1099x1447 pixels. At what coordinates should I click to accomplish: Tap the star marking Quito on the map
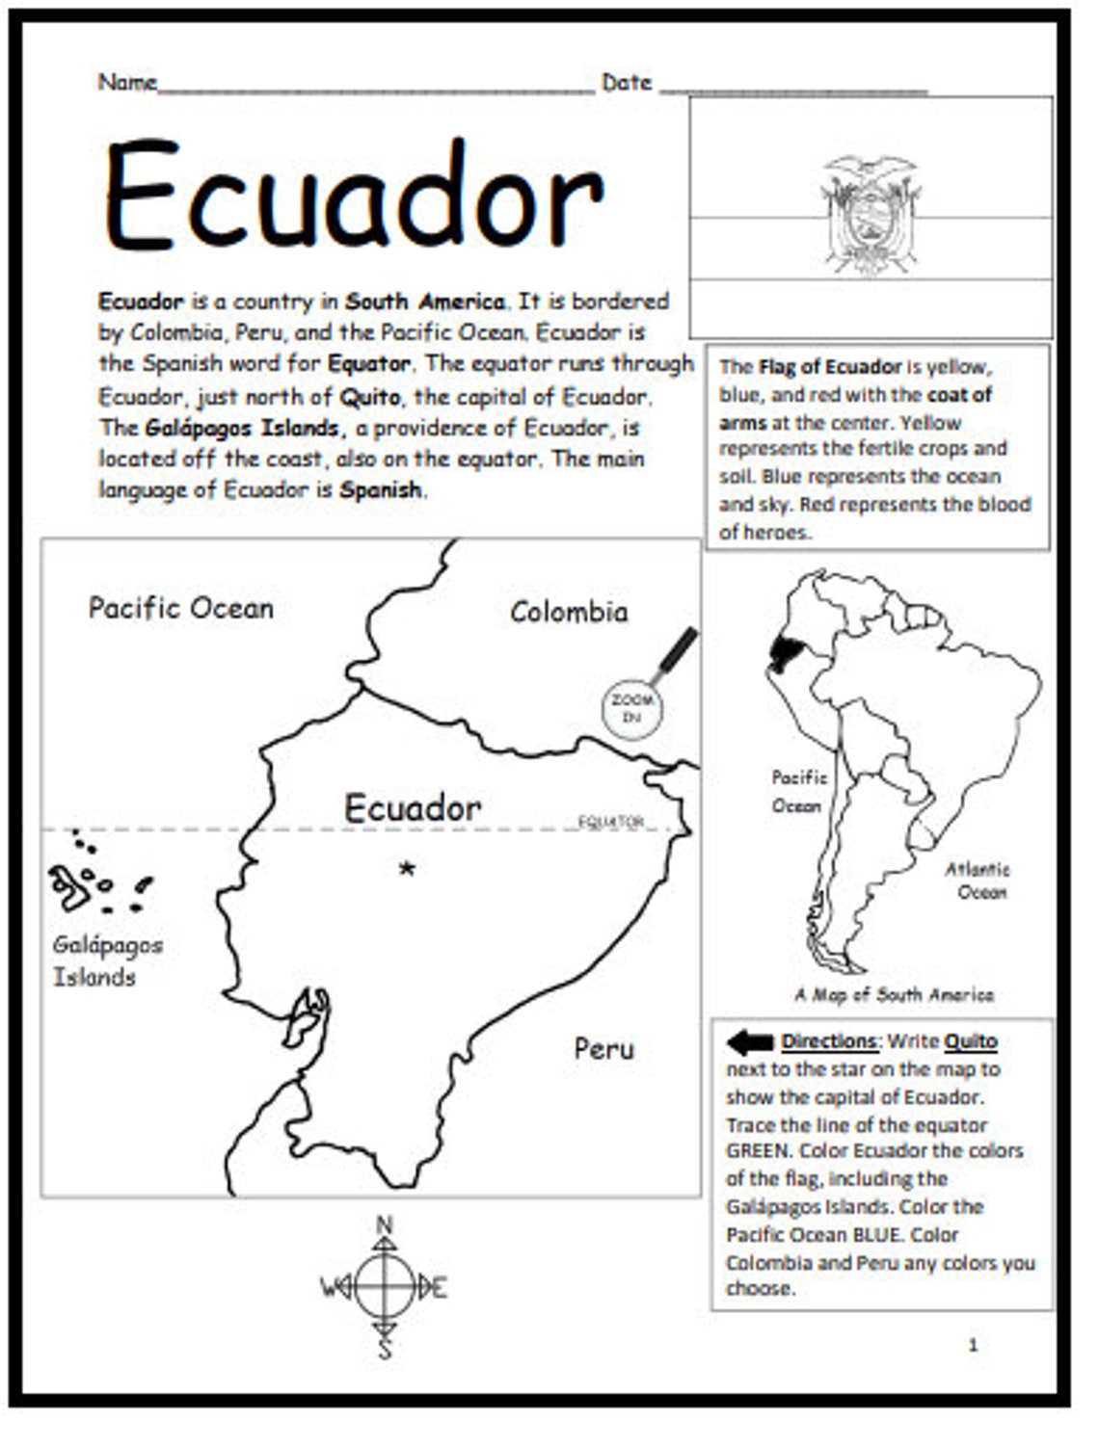[408, 869]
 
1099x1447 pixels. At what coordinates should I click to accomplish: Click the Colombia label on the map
[569, 612]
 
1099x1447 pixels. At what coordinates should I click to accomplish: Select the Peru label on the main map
[603, 1048]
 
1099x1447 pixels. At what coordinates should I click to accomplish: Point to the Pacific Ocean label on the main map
[181, 608]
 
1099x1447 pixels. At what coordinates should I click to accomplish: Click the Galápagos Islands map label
[106, 960]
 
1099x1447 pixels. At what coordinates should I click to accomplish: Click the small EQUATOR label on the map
[611, 822]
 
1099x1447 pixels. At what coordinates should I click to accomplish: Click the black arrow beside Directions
[750, 1041]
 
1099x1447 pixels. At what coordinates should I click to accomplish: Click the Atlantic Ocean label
[978, 881]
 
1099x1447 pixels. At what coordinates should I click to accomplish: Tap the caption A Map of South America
[894, 995]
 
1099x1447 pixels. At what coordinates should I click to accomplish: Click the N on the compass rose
[384, 1225]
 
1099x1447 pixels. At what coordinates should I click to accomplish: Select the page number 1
[973, 1345]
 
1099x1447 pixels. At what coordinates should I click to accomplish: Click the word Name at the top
[127, 83]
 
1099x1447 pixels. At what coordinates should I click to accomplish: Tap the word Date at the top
[627, 83]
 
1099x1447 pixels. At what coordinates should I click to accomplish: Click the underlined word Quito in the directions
[971, 1041]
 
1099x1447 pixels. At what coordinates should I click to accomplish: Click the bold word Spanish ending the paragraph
[381, 489]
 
